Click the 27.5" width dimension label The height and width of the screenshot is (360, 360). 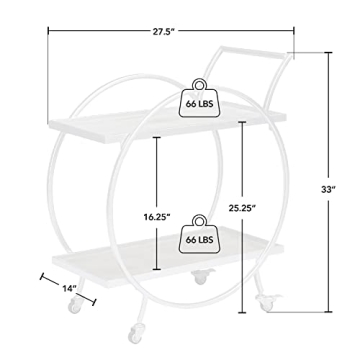coord(164,32)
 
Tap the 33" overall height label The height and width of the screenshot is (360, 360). coord(328,189)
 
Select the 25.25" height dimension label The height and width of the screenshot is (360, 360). coord(242,208)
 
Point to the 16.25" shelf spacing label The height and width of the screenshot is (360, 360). coord(157,217)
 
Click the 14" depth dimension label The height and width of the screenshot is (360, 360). coord(70,288)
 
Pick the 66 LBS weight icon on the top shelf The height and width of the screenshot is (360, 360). coord(199,98)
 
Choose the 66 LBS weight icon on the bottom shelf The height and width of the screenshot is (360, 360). coord(199,234)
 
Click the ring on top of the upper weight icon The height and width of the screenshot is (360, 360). coord(199,84)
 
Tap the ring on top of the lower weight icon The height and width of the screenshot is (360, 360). coord(199,220)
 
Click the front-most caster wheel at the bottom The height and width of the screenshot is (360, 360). coord(136,333)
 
